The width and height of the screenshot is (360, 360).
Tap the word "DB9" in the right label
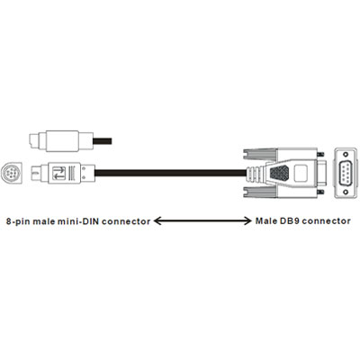(x=290, y=221)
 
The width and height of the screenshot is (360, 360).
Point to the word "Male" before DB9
(x=266, y=221)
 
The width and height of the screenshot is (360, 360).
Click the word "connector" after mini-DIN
(x=126, y=221)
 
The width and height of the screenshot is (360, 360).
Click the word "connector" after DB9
(x=326, y=221)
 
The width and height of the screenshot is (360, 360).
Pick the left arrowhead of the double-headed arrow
(x=158, y=221)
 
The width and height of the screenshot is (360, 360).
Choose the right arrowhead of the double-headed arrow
(x=247, y=221)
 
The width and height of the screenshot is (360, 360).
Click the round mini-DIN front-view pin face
(x=12, y=173)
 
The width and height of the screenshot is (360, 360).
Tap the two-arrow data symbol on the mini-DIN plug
(x=59, y=173)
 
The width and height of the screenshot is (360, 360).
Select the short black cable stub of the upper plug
(x=103, y=141)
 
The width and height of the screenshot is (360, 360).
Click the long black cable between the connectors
(x=170, y=173)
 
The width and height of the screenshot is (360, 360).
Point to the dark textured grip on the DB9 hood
(x=279, y=173)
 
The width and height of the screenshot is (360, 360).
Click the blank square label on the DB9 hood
(x=301, y=173)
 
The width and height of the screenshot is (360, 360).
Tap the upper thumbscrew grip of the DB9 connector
(x=259, y=155)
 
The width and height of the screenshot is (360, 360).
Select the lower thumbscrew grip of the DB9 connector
(x=259, y=192)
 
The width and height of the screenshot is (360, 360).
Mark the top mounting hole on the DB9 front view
(x=346, y=155)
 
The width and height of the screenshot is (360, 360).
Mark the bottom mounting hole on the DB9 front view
(x=346, y=192)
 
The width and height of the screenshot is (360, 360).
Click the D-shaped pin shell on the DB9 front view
(x=346, y=173)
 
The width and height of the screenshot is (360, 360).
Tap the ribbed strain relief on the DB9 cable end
(x=255, y=173)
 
